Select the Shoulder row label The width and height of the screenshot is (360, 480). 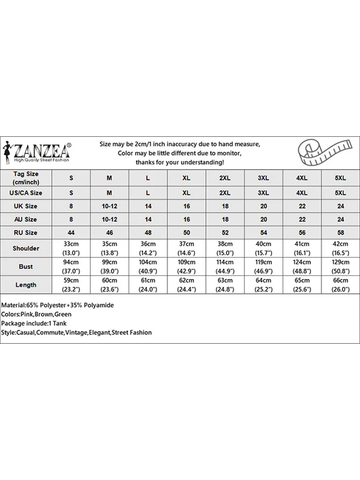tap(26, 248)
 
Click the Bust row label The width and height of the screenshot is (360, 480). tap(26, 266)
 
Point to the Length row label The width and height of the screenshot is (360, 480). tap(26, 285)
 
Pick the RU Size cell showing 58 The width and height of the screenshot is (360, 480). tap(340, 232)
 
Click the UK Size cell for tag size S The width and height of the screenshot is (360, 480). tap(71, 206)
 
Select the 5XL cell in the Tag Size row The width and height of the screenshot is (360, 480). tap(340, 178)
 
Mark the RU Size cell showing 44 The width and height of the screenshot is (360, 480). tap(71, 232)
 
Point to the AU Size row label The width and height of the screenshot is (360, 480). tap(26, 219)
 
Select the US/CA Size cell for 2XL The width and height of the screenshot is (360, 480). tap(225, 193)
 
